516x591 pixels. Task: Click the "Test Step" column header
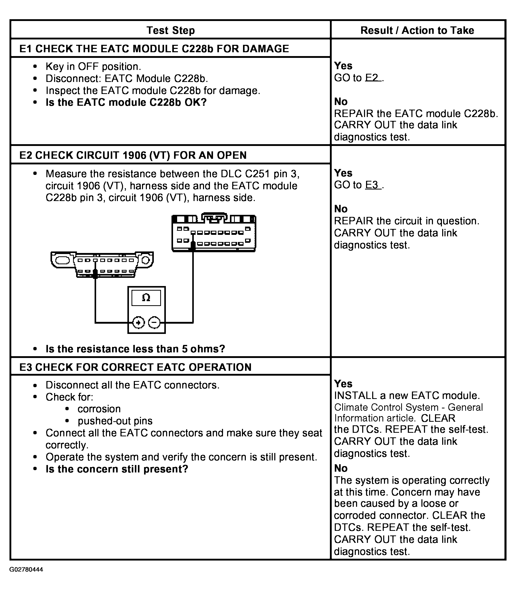pos(170,30)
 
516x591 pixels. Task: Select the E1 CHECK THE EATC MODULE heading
pos(154,49)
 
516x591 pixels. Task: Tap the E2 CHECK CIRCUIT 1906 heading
pos(133,155)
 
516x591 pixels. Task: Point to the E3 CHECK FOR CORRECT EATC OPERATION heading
pos(135,367)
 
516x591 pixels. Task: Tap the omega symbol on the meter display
pos(146,297)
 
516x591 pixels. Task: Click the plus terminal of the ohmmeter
pos(138,322)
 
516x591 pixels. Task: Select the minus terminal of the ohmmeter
pos(154,322)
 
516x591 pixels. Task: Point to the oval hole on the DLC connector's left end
pos(62,261)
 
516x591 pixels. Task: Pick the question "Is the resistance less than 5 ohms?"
pos(135,349)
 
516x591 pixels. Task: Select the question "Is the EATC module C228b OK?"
pos(126,102)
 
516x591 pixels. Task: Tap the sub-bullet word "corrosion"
pos(99,409)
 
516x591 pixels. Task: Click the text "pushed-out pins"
pos(115,421)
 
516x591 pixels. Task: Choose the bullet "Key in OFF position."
pos(93,66)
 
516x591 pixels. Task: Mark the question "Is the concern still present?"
pos(117,469)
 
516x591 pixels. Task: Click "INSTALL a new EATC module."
pos(407,395)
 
